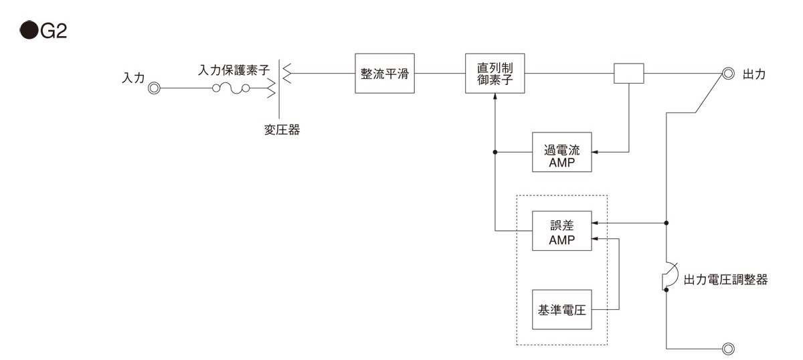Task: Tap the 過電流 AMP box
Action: click(563, 153)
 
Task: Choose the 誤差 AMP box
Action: click(563, 231)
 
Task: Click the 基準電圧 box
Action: click(563, 310)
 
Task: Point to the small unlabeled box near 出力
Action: click(629, 74)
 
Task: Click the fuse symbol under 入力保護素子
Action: click(232, 88)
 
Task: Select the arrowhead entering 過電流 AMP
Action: click(595, 153)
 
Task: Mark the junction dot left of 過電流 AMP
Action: click(495, 153)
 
